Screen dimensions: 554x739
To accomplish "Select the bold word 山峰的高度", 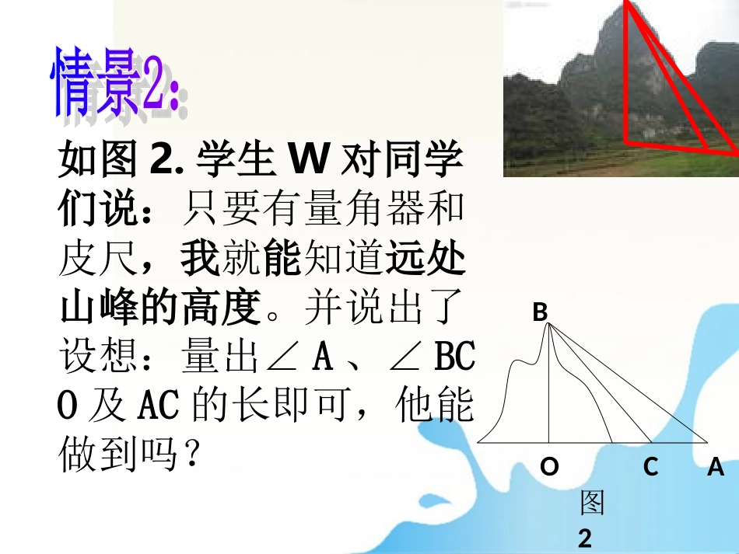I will (159, 308).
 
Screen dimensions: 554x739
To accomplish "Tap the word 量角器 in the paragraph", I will (351, 211).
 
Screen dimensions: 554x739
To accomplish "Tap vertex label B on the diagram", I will (540, 312).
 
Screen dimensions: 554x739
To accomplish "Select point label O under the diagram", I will (549, 466).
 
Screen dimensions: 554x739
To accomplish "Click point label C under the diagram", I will (650, 466).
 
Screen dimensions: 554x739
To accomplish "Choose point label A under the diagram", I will (715, 466).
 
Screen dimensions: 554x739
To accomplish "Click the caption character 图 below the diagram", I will (591, 503).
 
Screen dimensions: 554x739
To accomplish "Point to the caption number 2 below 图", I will (585, 538).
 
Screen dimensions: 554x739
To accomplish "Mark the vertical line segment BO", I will (550, 388).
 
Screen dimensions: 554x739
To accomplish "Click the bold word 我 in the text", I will (200, 260).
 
